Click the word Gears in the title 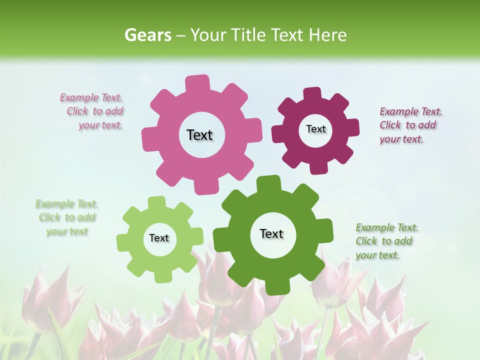[x=147, y=35]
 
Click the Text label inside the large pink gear [x=199, y=135]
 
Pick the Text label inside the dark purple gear [x=315, y=129]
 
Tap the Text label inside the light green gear [x=159, y=238]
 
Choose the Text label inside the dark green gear [x=271, y=233]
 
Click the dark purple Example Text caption [x=410, y=125]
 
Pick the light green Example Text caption [x=66, y=217]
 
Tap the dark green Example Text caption [x=386, y=241]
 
